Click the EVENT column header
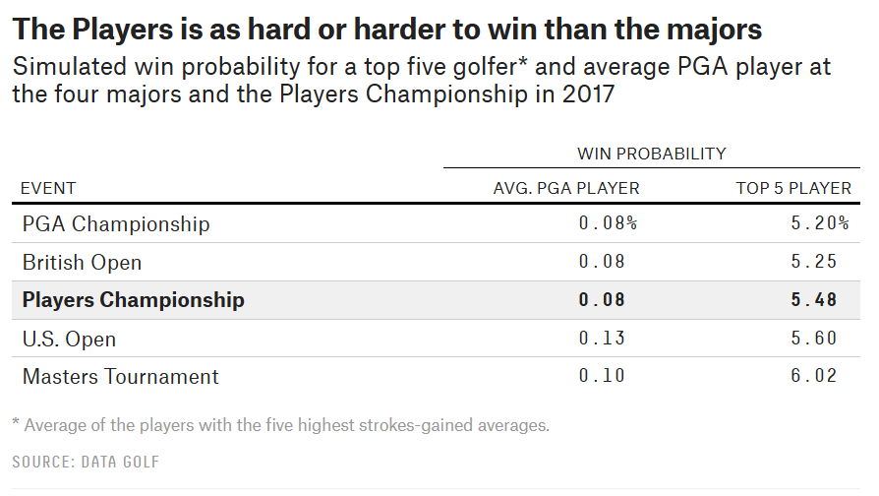[x=48, y=188]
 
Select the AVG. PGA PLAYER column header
[x=566, y=188]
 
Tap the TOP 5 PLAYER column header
[x=793, y=188]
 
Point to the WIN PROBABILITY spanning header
[x=652, y=154]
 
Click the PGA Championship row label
[x=116, y=223]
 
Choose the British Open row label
[x=82, y=263]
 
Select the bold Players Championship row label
[x=134, y=300]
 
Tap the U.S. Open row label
[x=69, y=339]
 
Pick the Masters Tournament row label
[x=121, y=377]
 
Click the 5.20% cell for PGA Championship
[x=820, y=223]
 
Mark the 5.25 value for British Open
[x=814, y=262]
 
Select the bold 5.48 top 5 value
[x=814, y=299]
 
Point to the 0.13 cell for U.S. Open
[x=602, y=338]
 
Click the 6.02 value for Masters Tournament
[x=814, y=375]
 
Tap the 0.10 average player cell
[x=602, y=375]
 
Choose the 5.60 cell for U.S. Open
[x=814, y=338]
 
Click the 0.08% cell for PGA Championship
[x=609, y=223]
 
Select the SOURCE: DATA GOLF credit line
[x=86, y=462]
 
